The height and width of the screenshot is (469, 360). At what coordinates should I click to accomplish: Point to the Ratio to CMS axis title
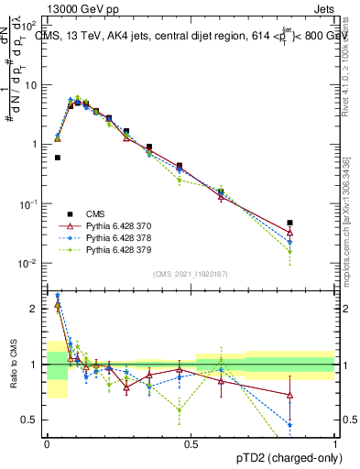[13, 365]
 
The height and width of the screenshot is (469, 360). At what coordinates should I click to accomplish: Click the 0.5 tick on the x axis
[191, 444]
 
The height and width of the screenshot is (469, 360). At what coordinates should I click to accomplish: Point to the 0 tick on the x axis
[47, 444]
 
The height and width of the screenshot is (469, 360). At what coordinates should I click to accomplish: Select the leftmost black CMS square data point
[58, 158]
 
